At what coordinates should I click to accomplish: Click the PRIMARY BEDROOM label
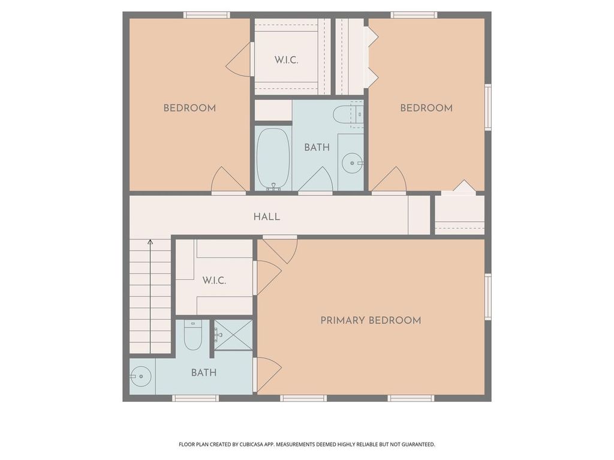371,320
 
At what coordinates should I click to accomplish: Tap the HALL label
267,217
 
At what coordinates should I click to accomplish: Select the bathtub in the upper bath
273,159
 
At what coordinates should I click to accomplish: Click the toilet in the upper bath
348,115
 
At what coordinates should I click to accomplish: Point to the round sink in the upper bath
351,162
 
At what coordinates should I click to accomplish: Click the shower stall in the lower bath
234,335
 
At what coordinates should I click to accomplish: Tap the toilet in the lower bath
192,336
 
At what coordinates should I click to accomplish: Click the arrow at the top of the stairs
150,243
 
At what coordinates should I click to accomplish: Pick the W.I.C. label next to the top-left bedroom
287,60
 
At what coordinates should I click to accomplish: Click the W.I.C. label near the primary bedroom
214,280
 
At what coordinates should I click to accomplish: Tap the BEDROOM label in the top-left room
189,108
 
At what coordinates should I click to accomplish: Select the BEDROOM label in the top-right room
426,108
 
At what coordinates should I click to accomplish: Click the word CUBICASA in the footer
250,444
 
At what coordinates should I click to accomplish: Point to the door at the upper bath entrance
316,180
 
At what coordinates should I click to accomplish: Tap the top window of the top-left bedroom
206,15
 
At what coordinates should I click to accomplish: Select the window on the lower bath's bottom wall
195,398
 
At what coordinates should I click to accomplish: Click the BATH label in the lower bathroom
204,373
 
